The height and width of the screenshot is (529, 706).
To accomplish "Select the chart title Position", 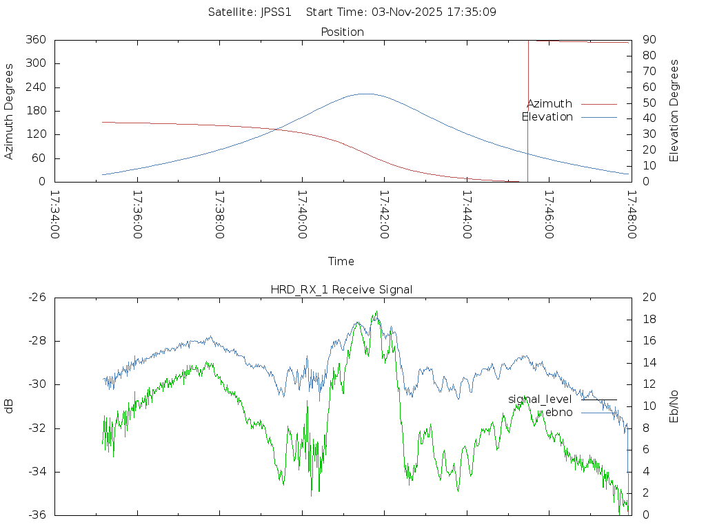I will [343, 32].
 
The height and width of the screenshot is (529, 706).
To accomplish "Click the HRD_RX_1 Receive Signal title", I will [341, 289].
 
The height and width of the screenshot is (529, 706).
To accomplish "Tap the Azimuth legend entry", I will [549, 104].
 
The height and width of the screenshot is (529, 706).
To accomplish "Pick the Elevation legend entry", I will [547, 117].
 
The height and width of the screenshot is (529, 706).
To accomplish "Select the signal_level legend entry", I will [540, 400].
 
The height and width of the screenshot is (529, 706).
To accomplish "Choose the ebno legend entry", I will [559, 412].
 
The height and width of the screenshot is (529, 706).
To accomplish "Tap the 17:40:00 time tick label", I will [302, 214].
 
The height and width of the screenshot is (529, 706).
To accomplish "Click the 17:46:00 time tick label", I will [549, 214].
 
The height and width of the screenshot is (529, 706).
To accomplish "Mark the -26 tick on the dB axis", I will [37, 298].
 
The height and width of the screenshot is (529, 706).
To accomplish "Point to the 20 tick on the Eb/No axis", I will [649, 298].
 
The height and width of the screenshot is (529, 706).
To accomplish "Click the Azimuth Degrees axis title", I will [10, 111].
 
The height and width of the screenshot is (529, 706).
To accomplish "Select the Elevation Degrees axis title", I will [674, 111].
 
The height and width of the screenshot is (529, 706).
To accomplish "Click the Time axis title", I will [341, 262].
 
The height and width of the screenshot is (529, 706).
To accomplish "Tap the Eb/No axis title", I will [674, 406].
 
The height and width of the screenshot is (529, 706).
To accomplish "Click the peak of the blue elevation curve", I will [365, 94].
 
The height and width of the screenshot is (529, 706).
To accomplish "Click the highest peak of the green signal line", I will [376, 311].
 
